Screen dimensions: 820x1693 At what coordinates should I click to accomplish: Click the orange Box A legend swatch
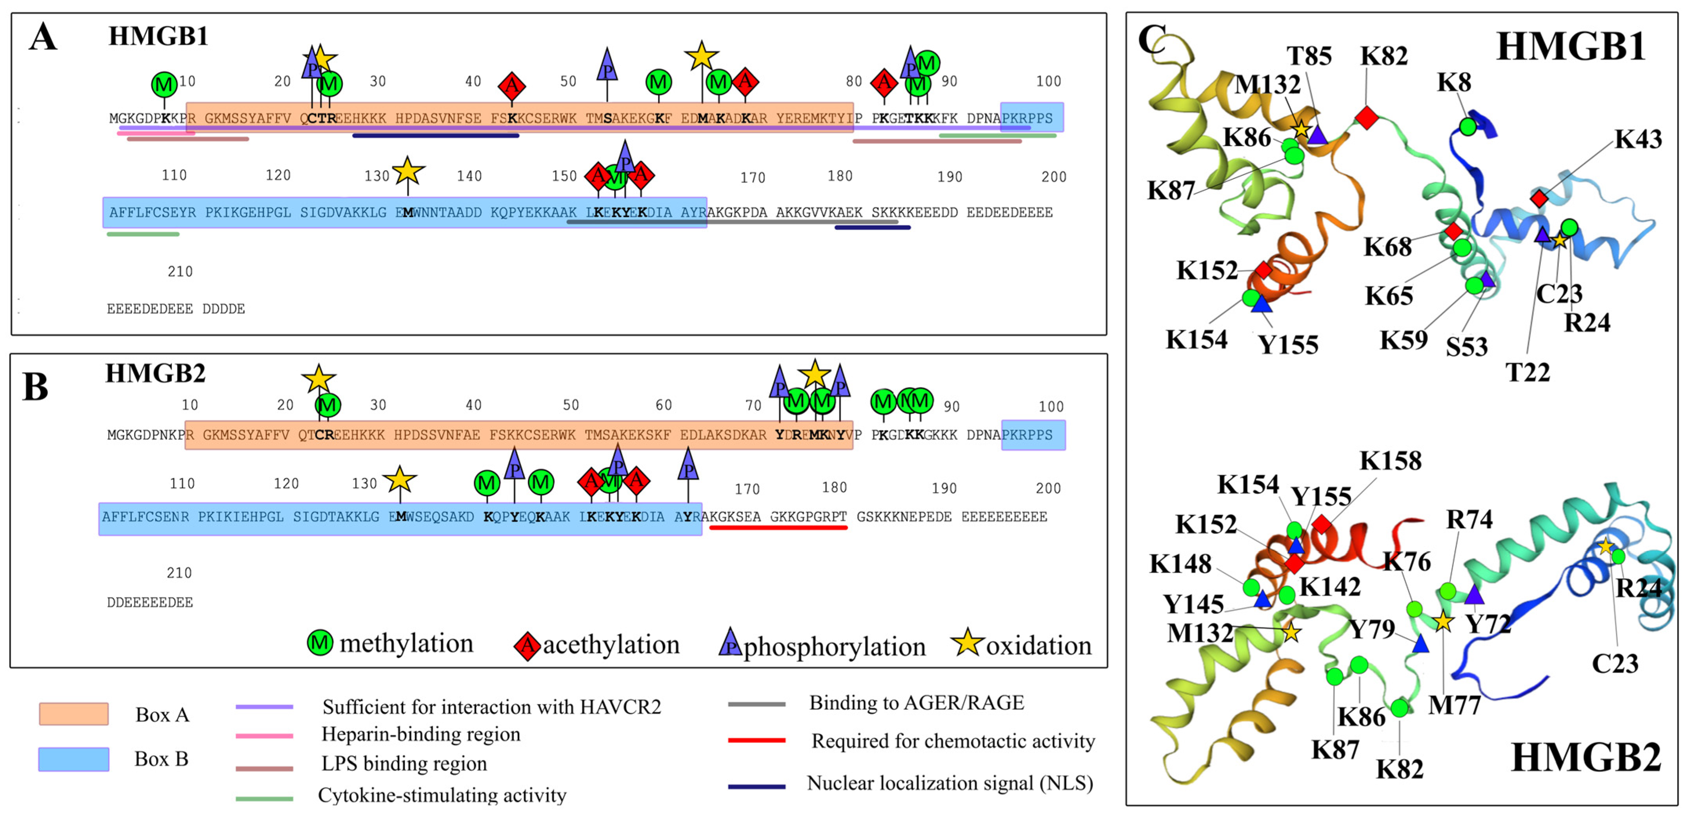click(74, 714)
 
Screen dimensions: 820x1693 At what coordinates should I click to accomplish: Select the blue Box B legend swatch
click(74, 759)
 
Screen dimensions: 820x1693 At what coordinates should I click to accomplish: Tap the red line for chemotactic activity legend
click(756, 740)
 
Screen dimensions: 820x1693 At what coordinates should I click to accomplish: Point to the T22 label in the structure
click(1528, 373)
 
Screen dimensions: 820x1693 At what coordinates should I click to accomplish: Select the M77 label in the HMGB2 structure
click(1455, 705)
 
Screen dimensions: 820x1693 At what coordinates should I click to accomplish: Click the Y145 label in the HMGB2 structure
click(1193, 604)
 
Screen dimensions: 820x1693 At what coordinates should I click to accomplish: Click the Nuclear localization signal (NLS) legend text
click(950, 783)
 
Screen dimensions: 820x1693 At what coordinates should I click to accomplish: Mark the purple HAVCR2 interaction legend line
click(264, 707)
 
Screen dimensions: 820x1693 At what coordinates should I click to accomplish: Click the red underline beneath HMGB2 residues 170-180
click(778, 527)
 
